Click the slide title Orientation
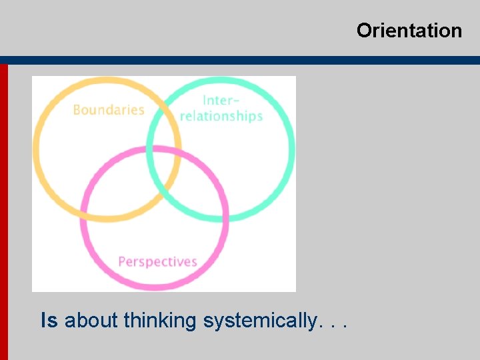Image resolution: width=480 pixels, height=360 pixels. tap(409, 31)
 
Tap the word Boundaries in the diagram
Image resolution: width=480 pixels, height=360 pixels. tap(108, 110)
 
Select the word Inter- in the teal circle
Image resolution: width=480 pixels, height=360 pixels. tap(220, 101)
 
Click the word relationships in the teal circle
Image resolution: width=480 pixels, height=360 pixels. tap(221, 116)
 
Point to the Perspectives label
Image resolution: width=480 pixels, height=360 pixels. tap(157, 261)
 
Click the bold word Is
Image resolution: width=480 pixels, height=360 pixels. tap(49, 321)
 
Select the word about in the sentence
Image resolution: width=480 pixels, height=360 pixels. tap(91, 321)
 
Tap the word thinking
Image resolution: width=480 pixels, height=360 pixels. tap(160, 321)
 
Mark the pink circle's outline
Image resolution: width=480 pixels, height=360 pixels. tap(155, 287)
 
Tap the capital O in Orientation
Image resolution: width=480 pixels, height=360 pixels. tap(364, 31)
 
